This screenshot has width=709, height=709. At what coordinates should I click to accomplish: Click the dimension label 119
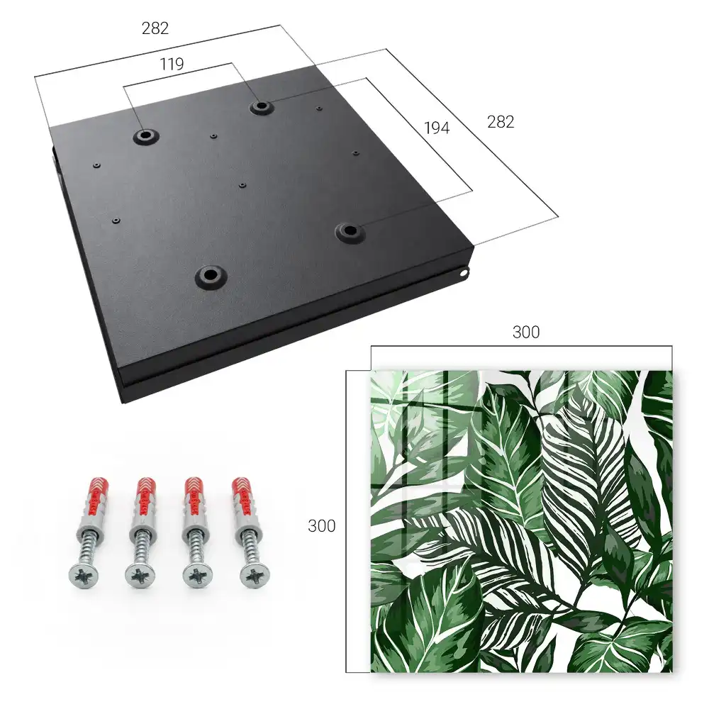[x=172, y=65]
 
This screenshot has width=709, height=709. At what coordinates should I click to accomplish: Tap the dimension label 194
[x=437, y=128]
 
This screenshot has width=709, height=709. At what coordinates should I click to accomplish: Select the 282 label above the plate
[x=155, y=28]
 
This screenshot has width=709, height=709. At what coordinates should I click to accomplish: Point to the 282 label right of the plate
[x=501, y=122]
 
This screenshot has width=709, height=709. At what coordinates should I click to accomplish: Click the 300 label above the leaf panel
[x=526, y=333]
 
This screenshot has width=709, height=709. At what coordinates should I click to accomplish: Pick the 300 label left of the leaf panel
[x=321, y=526]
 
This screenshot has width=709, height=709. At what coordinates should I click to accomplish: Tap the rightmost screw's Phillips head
[x=254, y=575]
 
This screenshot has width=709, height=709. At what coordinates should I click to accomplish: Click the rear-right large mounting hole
[x=260, y=107]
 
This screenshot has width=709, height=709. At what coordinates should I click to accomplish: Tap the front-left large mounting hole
[x=210, y=275]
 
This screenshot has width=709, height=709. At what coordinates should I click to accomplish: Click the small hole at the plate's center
[x=242, y=185]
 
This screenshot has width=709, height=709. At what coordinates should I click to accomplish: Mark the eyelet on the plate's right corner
[x=464, y=272]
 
